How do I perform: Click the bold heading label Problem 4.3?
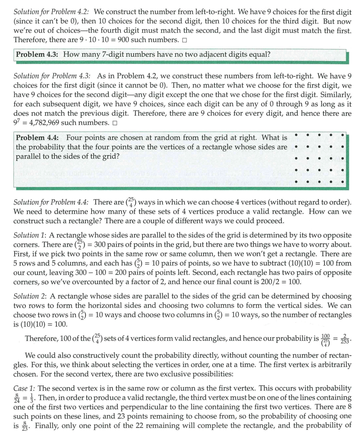[36, 54]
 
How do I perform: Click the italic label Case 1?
[24, 388]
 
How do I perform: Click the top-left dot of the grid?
[297, 134]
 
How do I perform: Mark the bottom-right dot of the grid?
[343, 182]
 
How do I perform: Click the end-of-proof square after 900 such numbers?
[184, 40]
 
